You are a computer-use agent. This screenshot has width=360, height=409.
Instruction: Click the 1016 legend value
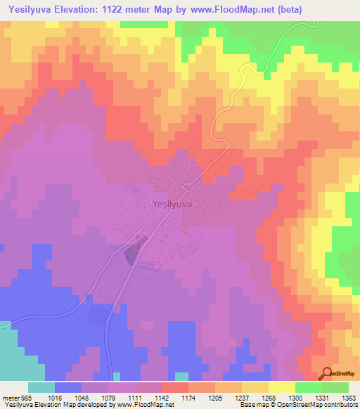pyautogui.click(x=54, y=396)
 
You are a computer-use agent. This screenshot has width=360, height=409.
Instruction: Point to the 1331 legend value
pyautogui.click(x=322, y=396)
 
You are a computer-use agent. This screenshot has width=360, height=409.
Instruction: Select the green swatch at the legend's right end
pyautogui.click(x=335, y=387)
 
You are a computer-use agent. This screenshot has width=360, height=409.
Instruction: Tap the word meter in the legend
pyautogui.click(x=8, y=396)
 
